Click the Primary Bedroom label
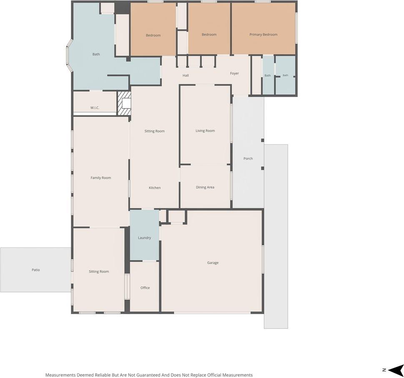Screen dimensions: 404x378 click(x=263, y=35)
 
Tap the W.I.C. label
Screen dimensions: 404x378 click(x=95, y=108)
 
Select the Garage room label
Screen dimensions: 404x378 click(x=213, y=263)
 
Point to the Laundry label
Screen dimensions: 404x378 click(x=144, y=238)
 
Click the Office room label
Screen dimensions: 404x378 click(x=145, y=288)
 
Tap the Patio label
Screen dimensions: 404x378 click(x=36, y=270)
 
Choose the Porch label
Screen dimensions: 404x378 click(x=248, y=158)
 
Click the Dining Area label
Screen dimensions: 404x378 click(x=205, y=187)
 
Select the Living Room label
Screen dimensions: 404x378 click(x=205, y=130)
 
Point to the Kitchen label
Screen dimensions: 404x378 click(x=155, y=188)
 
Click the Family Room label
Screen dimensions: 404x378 click(x=101, y=178)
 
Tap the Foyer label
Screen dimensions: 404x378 click(x=234, y=73)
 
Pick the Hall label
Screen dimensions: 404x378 click(x=186, y=75)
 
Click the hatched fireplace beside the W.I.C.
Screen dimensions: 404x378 click(x=124, y=103)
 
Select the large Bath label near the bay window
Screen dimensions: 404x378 click(x=96, y=54)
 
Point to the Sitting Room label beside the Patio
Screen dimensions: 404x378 click(x=99, y=271)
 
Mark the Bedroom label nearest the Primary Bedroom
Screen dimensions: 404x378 click(x=209, y=35)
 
